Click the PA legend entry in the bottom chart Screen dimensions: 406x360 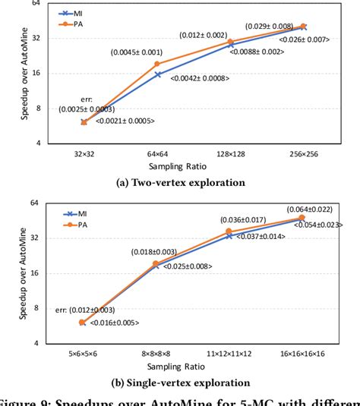(73, 225)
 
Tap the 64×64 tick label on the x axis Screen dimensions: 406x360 (157, 153)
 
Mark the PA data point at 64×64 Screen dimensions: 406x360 (158, 63)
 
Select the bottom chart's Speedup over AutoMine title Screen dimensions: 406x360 (24, 271)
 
